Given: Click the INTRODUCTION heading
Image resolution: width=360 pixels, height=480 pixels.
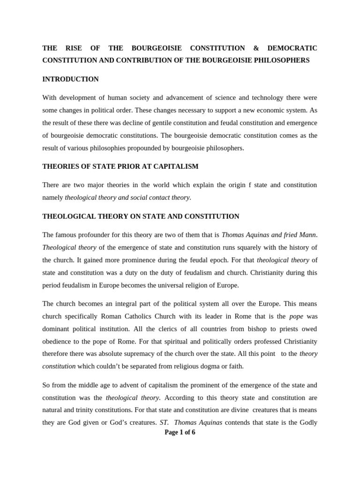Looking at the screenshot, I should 70,79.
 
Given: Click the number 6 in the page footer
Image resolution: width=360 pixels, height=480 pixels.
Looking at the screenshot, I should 194,433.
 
